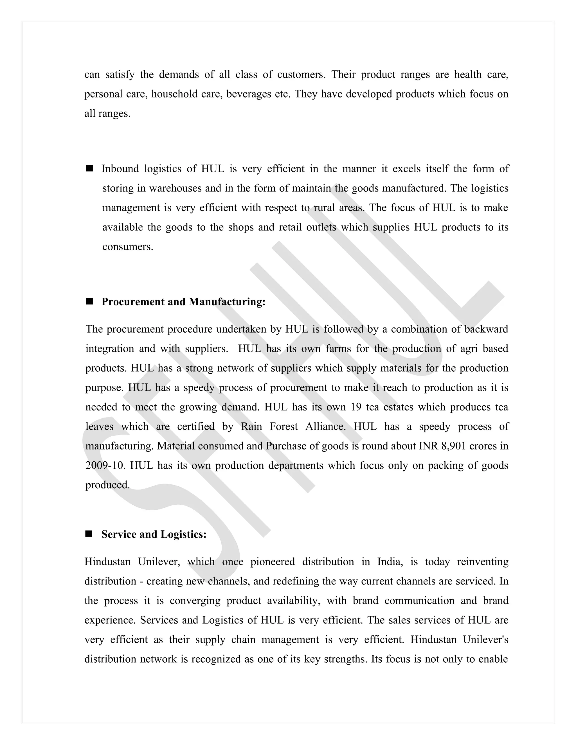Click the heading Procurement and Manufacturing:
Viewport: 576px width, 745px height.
click(183, 302)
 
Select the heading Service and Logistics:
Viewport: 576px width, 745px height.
click(154, 534)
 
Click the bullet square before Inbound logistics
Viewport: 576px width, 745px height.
click(90, 168)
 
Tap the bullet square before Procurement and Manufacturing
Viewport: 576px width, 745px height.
click(90, 302)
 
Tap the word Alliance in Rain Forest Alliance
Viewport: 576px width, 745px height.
click(325, 427)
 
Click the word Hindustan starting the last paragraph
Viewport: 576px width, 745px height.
click(107, 562)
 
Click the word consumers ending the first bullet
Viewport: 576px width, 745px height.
click(128, 247)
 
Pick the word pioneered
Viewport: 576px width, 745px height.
click(272, 562)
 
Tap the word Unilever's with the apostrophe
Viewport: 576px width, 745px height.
click(485, 640)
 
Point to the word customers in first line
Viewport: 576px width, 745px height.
click(301, 75)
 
